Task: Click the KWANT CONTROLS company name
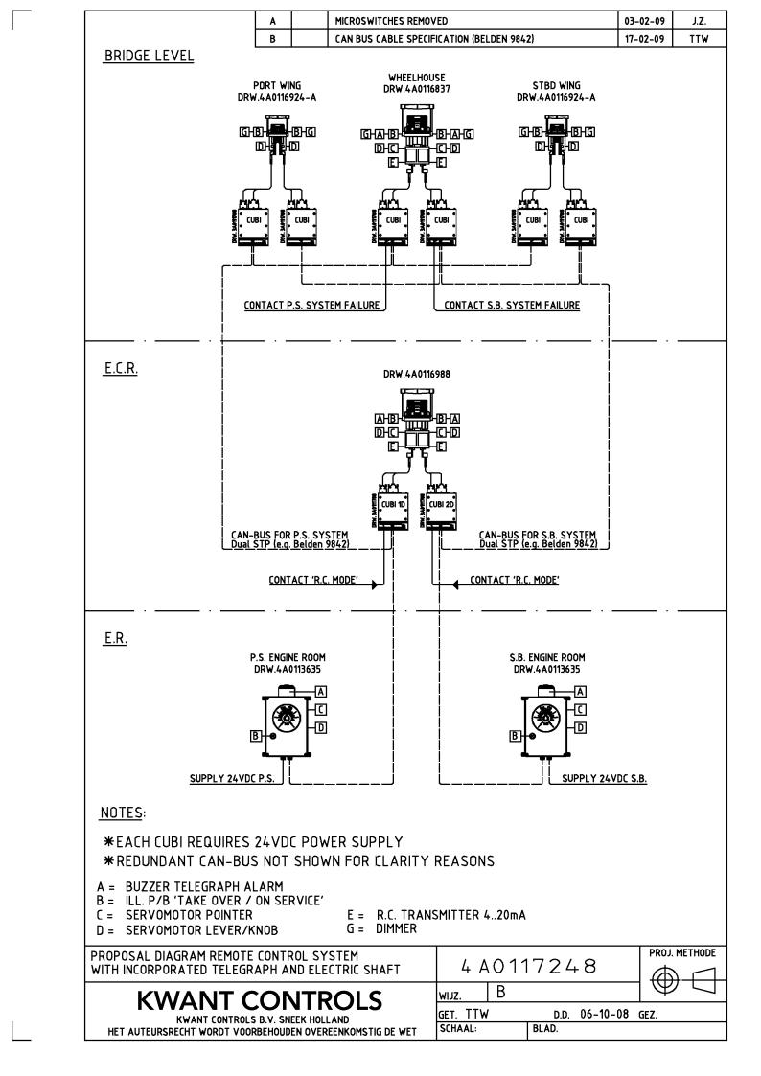point(260,1000)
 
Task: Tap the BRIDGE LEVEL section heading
point(147,57)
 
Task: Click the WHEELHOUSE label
point(416,78)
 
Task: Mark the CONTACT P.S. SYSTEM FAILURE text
point(311,306)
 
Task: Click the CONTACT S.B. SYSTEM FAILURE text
point(512,306)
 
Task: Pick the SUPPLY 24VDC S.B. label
point(604,778)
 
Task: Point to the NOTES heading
point(122,813)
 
